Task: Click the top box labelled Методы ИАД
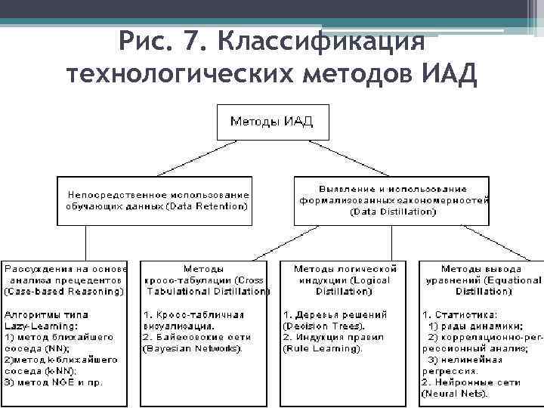pos(271,122)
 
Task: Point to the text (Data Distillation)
pos(392,212)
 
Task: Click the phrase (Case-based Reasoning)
pos(65,291)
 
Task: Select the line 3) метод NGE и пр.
pos(54,383)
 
